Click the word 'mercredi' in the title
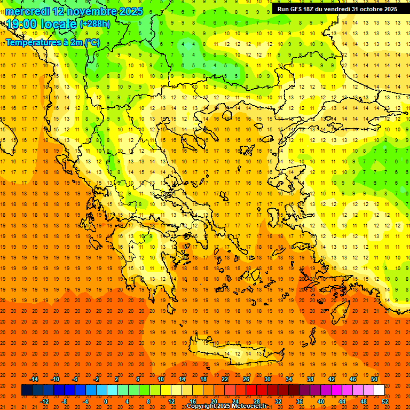(27, 11)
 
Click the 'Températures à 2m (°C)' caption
(52, 42)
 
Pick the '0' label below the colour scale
(106, 401)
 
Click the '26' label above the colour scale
(246, 379)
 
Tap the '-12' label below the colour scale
(44, 401)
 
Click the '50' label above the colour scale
(374, 379)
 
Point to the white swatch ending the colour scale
(379, 390)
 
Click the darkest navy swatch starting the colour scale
(27, 390)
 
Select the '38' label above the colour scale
(310, 379)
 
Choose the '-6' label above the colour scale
(76, 379)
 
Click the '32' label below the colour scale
(278, 401)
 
